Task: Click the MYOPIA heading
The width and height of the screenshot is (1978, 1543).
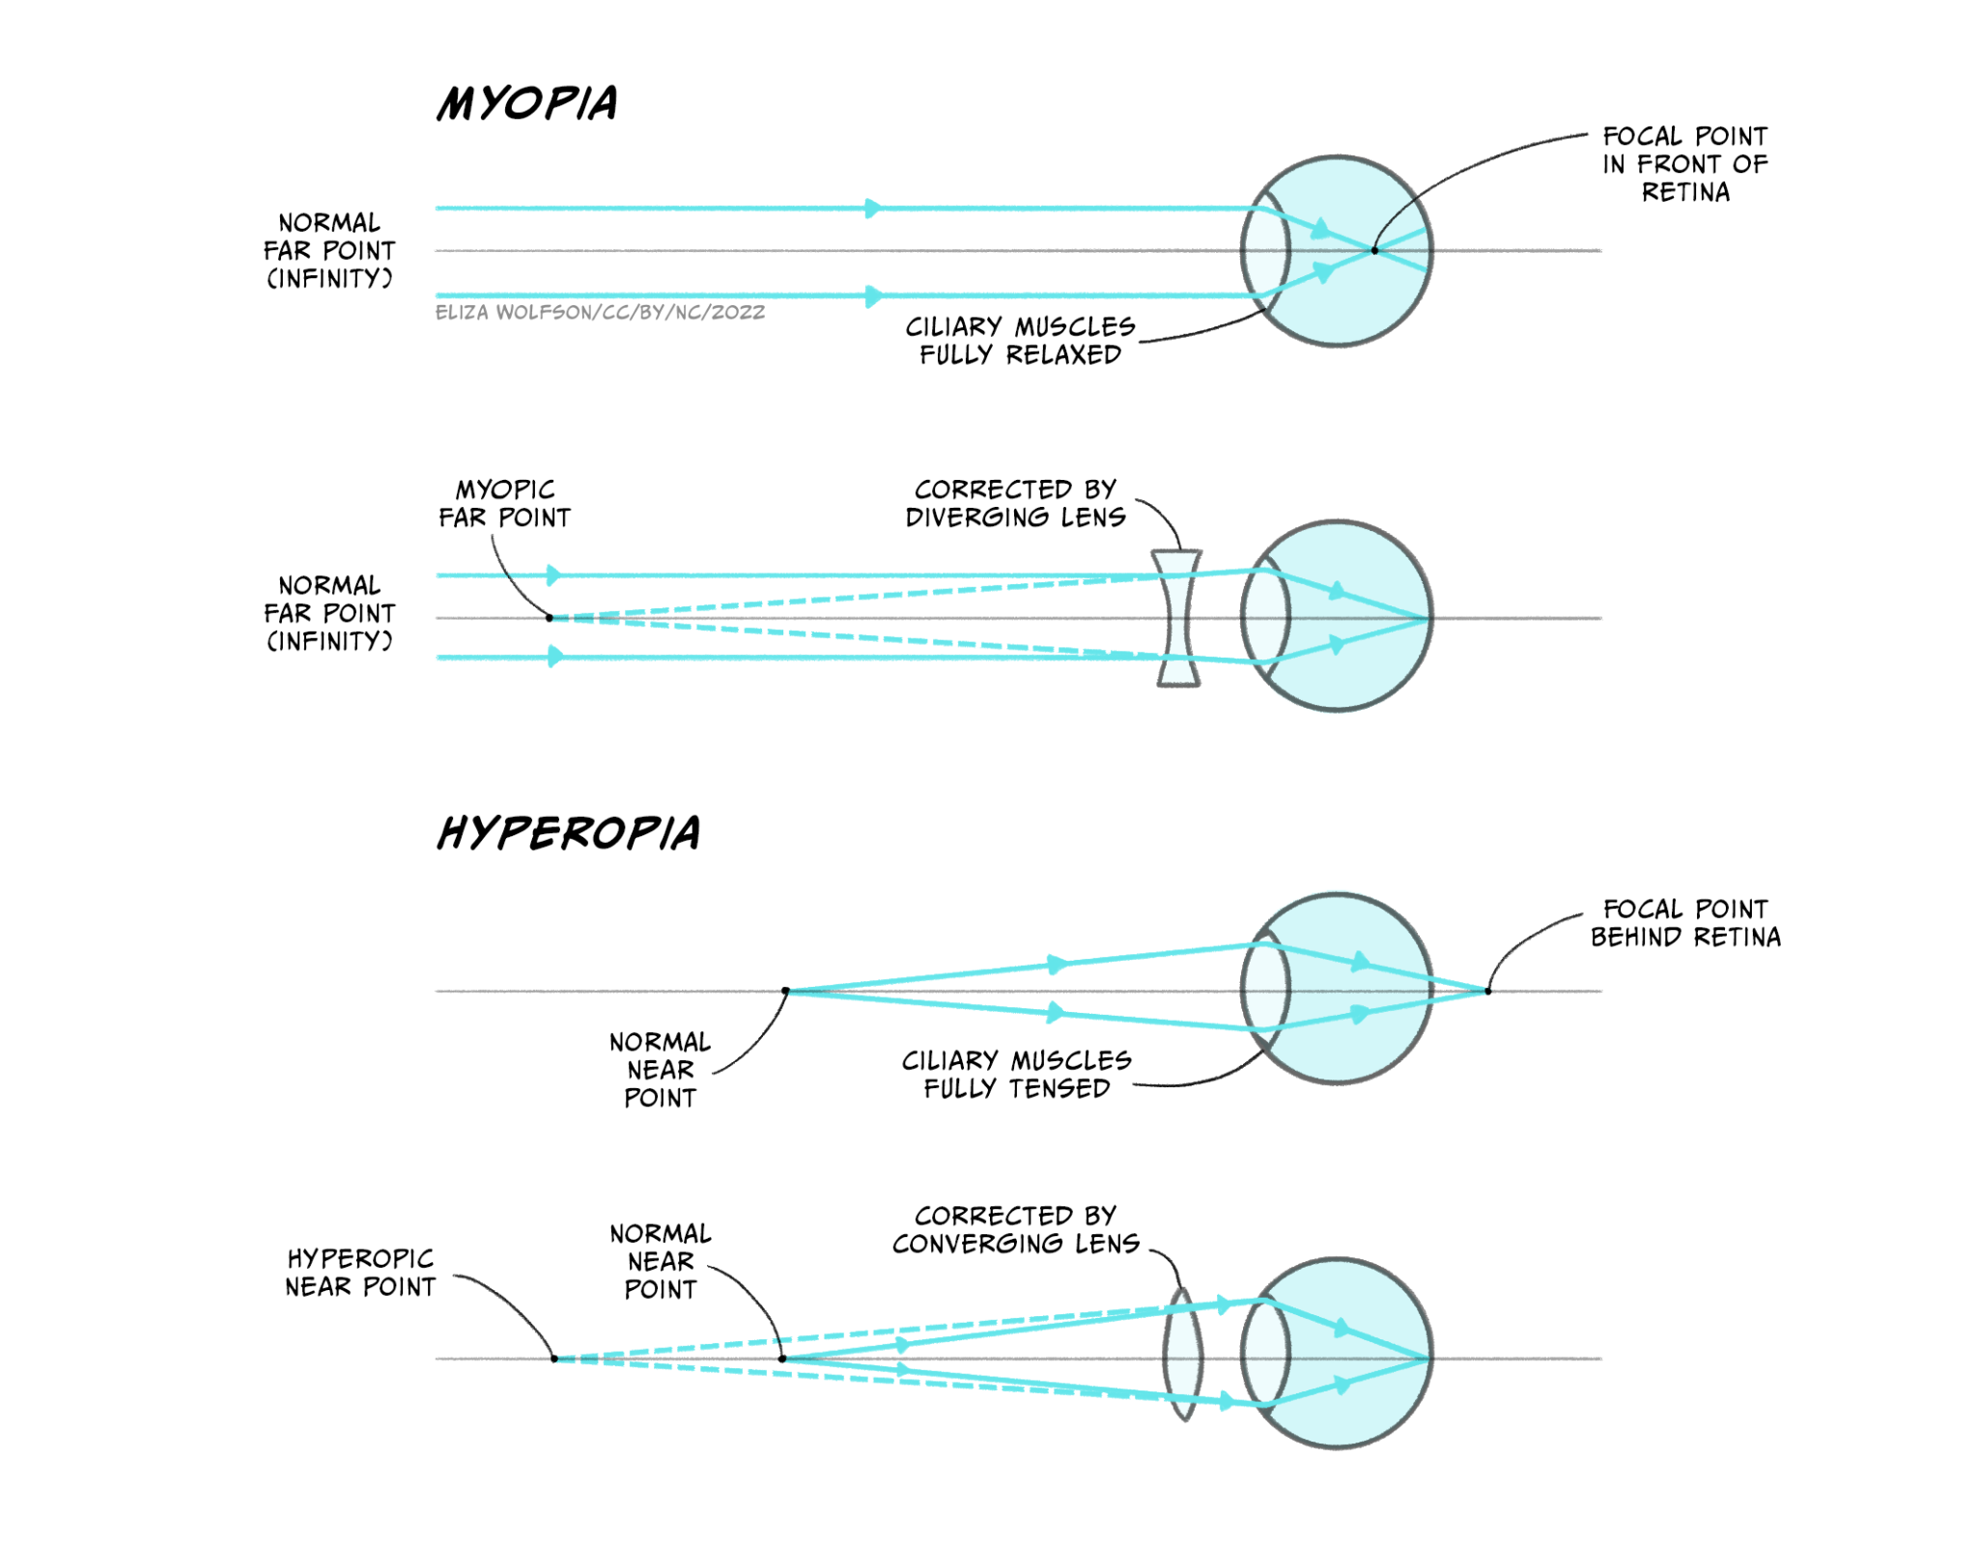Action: (x=527, y=103)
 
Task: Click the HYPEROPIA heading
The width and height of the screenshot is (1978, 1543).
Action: (x=569, y=832)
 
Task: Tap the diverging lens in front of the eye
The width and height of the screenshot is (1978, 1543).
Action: (x=1176, y=618)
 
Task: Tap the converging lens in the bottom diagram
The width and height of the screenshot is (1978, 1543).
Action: (x=1183, y=1354)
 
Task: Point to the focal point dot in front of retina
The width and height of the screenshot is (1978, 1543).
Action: (x=1374, y=250)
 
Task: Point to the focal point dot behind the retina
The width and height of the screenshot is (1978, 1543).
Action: (x=1487, y=991)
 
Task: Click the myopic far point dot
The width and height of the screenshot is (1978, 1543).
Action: (x=550, y=618)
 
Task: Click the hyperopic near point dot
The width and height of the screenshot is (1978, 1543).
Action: (x=554, y=1359)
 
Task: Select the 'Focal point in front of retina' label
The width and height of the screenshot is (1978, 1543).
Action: (x=1684, y=164)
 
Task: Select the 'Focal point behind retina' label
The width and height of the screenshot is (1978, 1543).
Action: (x=1684, y=923)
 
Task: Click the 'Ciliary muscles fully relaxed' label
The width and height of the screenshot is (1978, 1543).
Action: (x=1020, y=341)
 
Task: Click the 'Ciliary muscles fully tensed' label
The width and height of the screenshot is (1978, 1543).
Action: (x=1016, y=1075)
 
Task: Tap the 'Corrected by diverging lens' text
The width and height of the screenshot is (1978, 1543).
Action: (x=1015, y=503)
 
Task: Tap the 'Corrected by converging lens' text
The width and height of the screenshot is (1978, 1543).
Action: (x=1015, y=1229)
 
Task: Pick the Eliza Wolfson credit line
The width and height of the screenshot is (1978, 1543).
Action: (x=600, y=313)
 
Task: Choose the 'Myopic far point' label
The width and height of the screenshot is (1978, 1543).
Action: (x=504, y=503)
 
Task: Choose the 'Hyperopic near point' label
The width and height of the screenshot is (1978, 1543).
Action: (x=359, y=1273)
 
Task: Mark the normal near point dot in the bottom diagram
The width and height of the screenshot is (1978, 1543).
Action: (x=782, y=1359)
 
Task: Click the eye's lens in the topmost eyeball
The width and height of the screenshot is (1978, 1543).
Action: (x=1265, y=251)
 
